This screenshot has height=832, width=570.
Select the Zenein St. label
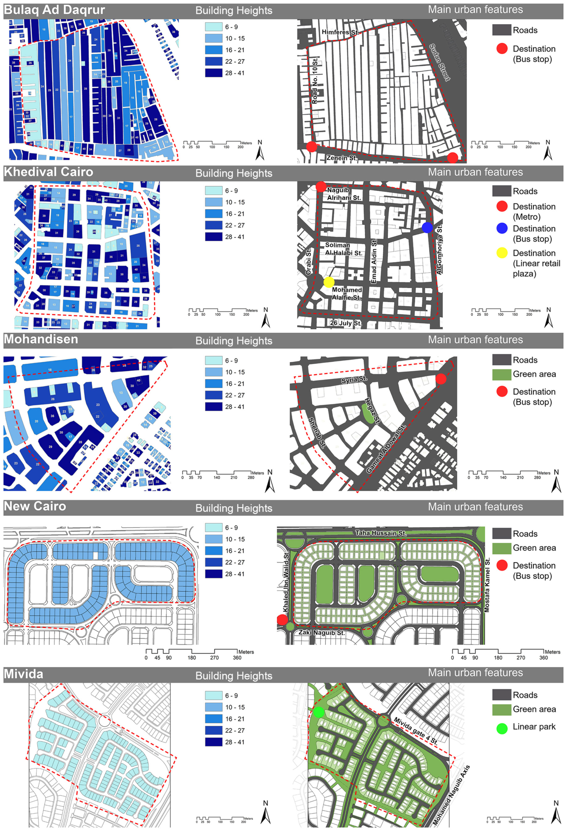342,158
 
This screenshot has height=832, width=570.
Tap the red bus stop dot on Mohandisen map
441,379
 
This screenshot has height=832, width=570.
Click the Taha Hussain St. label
381,533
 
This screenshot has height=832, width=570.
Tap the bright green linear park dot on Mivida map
318,713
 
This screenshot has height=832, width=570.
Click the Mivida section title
24,674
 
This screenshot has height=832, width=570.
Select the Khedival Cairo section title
48,172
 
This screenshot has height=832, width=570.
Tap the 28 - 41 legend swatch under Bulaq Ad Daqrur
214,73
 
